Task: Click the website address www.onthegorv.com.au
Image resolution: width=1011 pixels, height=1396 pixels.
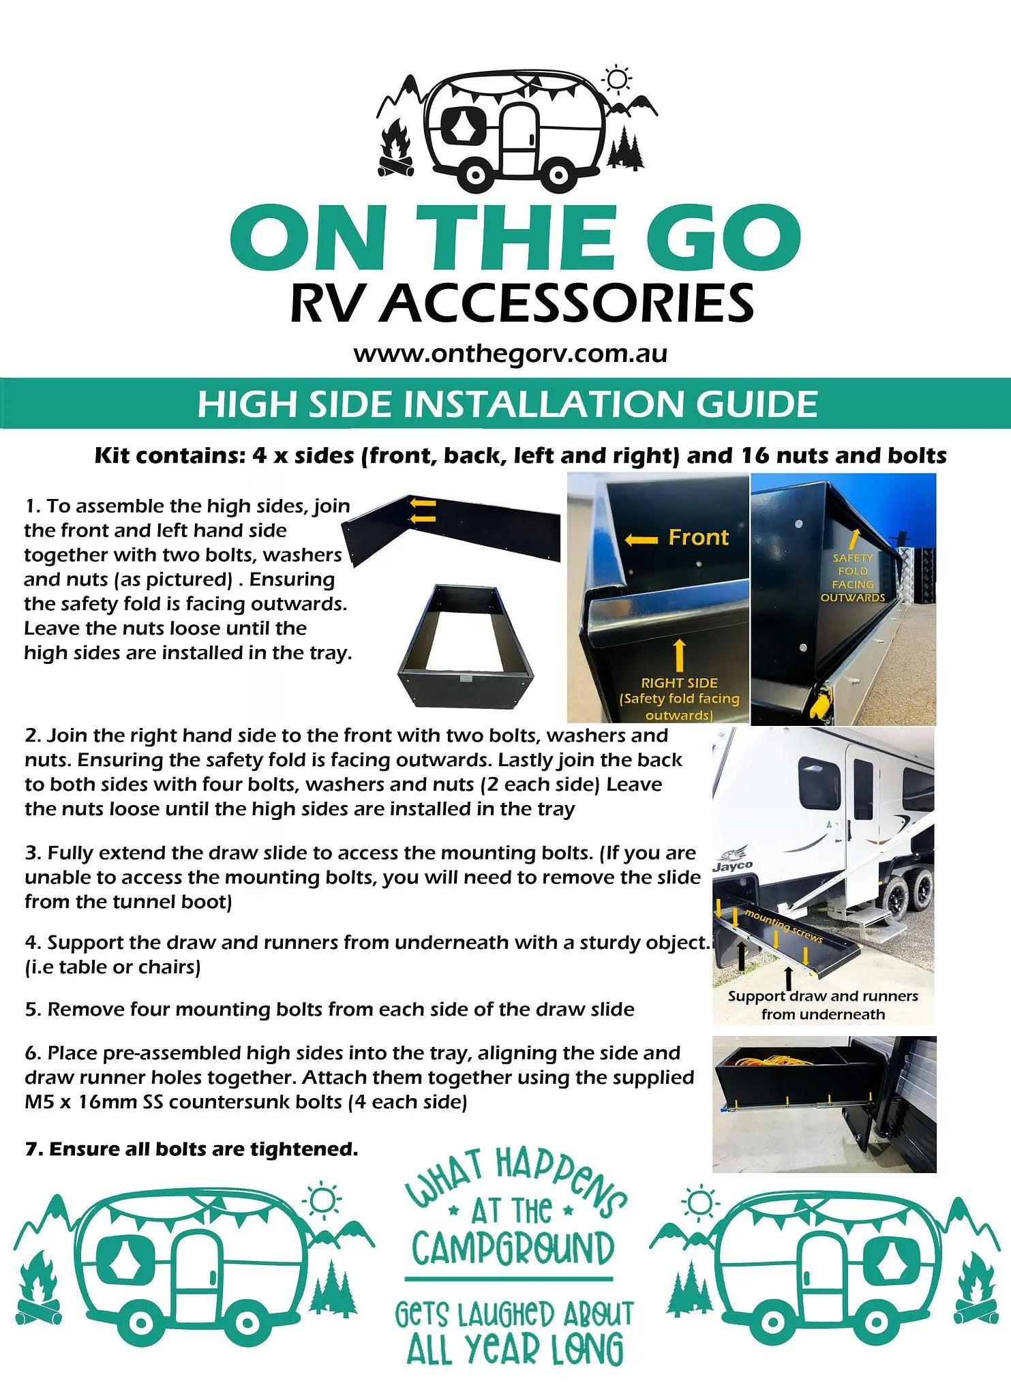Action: pos(510,354)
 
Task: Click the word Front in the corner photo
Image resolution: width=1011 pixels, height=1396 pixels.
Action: pos(698,537)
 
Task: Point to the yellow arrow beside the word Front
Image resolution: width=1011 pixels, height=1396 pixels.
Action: pos(641,540)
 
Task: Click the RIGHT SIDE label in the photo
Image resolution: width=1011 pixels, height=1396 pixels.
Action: pos(679,682)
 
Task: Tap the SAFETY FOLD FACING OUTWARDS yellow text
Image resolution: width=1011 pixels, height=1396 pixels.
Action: pos(852,577)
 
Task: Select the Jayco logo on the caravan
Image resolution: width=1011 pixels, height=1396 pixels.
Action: pos(733,865)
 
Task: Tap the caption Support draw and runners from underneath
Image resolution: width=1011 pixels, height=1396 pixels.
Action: pos(823,1005)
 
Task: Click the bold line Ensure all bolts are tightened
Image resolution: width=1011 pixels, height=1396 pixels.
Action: pos(192,1149)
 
